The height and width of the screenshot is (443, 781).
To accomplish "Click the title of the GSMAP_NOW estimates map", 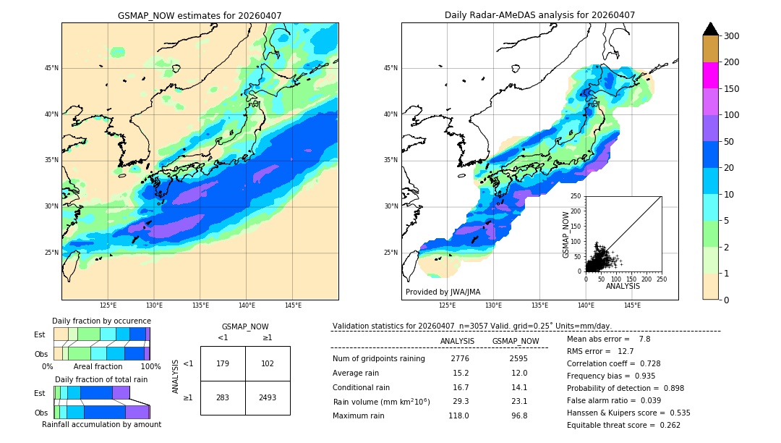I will (200, 15).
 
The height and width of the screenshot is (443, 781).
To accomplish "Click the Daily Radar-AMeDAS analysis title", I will (539, 15).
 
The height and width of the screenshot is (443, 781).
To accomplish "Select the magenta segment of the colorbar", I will (710, 75).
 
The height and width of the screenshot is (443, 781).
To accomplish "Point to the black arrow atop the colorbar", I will (710, 29).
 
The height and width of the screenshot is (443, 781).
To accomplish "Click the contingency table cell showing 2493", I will (268, 397).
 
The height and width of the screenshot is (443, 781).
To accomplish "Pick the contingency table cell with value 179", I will (223, 363).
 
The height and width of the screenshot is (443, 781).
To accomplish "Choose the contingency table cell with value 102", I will (268, 363).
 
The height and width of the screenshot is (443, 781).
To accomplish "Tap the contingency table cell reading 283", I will (223, 397).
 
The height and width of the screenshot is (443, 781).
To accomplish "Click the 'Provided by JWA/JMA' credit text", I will (443, 292).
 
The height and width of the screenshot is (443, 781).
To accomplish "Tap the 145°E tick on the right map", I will (632, 305).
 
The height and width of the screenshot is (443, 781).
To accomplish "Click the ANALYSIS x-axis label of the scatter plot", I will (623, 286).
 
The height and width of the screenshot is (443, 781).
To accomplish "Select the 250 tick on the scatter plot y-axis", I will (576, 196).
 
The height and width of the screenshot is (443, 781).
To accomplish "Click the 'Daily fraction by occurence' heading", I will (101, 321).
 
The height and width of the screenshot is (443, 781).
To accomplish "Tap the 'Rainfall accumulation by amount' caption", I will (101, 424).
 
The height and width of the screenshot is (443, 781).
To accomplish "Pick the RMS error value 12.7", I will (625, 351).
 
